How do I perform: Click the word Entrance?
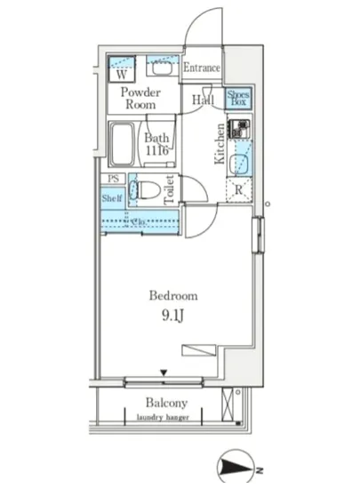(202, 68)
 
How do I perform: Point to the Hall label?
(204, 100)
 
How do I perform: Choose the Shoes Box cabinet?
(237, 99)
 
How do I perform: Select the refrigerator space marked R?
(238, 189)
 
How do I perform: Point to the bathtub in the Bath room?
(123, 144)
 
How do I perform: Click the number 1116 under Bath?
(158, 152)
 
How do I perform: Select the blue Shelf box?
(111, 198)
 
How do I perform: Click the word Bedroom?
(172, 296)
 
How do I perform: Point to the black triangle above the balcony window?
(163, 373)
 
